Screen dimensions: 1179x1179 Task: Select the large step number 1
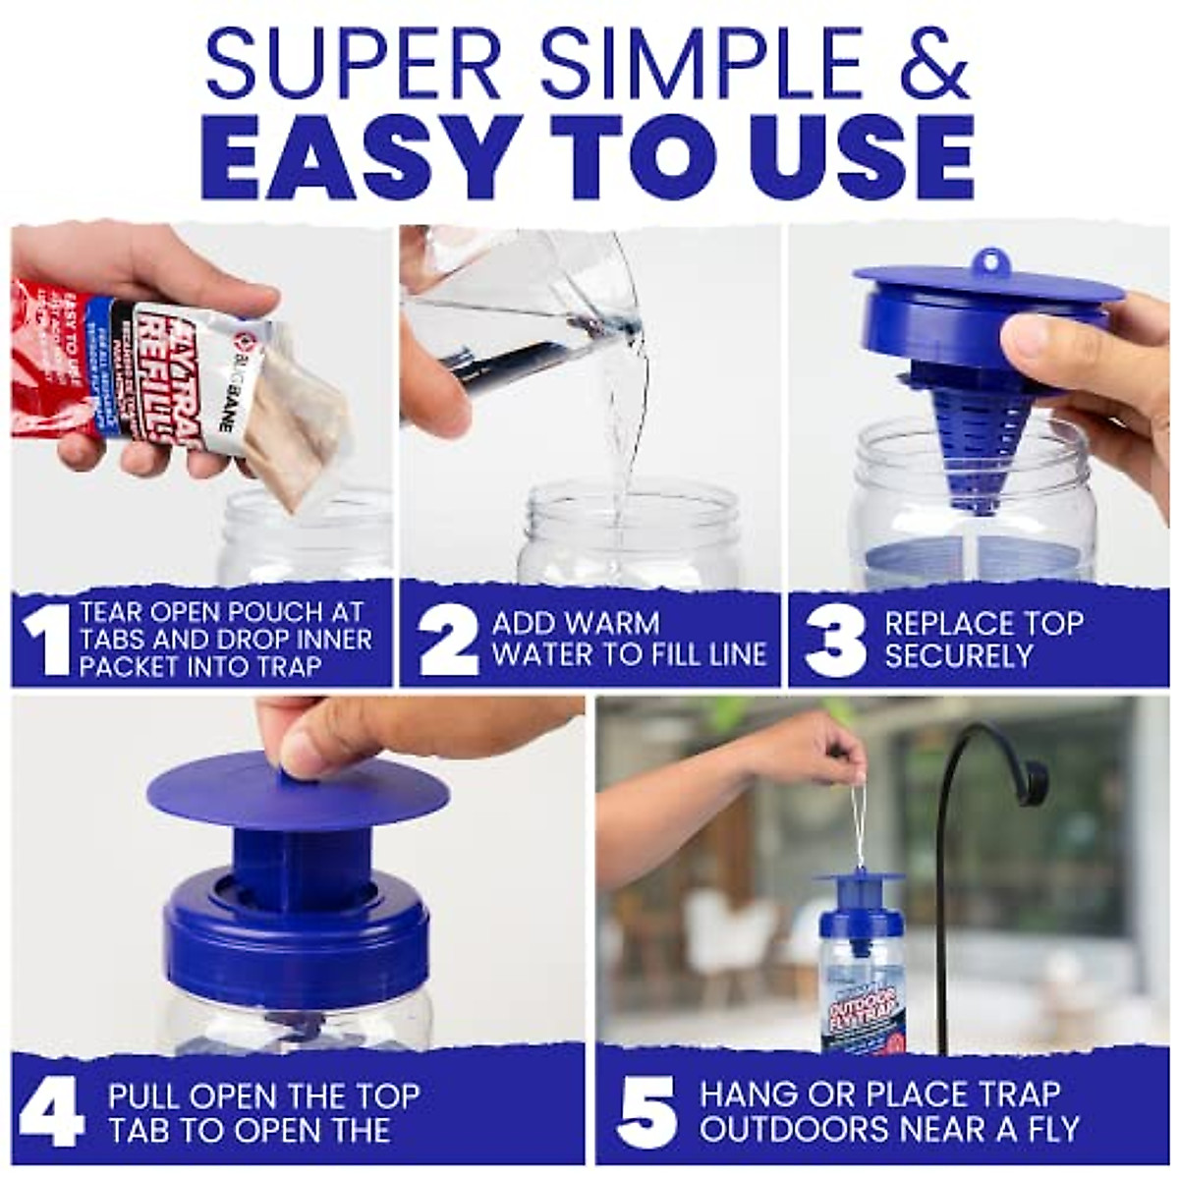[x=44, y=640]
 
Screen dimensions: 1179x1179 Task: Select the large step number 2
[x=447, y=640]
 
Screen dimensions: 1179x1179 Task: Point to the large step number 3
[x=834, y=640]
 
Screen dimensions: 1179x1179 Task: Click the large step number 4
[x=50, y=1111]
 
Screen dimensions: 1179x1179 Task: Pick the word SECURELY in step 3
[x=958, y=655]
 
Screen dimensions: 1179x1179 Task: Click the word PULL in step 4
[x=144, y=1095]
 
